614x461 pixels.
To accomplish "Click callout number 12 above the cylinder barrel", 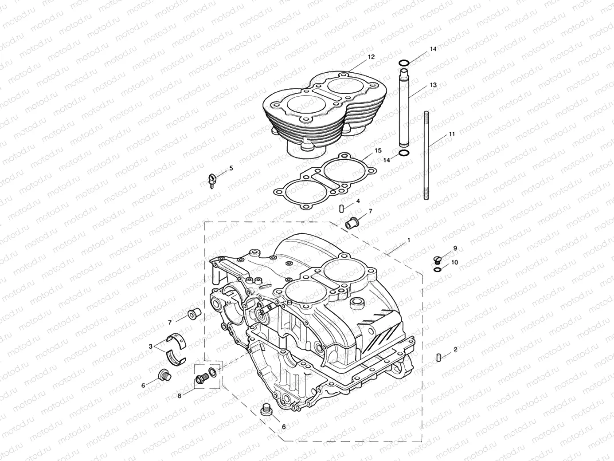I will [371, 57].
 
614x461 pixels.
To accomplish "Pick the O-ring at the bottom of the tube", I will [403, 153].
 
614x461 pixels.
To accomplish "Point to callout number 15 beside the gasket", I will [378, 151].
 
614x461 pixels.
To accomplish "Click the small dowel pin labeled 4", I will [341, 208].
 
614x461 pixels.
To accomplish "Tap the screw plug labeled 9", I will [436, 259].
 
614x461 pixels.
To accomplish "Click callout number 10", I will [454, 262].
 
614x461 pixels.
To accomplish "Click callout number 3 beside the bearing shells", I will [151, 346].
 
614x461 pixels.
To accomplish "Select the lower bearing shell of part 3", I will [176, 356].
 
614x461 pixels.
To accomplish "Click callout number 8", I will [179, 396].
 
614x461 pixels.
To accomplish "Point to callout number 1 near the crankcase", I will [408, 240].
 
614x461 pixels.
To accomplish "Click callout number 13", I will [433, 85].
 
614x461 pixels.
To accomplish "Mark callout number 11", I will [452, 133].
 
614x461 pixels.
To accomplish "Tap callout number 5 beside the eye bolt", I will [231, 168].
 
